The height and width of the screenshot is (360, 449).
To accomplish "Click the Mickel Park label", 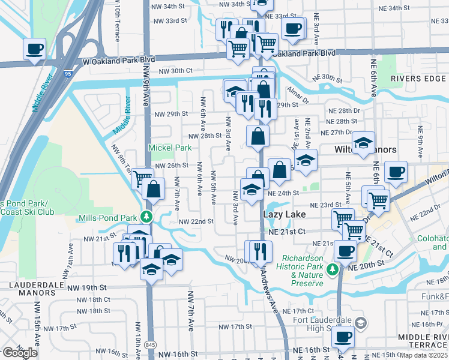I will [x=170, y=148].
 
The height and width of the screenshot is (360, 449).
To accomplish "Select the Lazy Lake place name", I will [x=285, y=214].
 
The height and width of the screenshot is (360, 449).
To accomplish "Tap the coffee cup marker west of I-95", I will [x=34, y=48].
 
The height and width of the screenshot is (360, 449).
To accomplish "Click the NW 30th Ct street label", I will [x=176, y=71].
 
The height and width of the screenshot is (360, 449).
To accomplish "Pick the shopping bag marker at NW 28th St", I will [x=258, y=136].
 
